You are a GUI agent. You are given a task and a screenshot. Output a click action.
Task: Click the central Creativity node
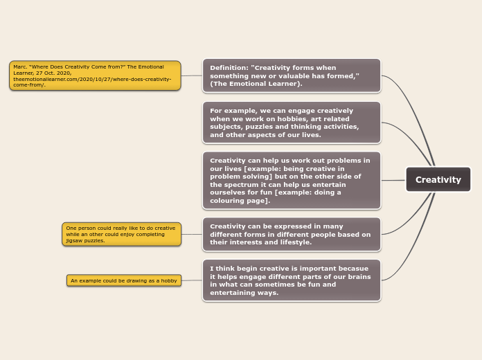click(x=438, y=180)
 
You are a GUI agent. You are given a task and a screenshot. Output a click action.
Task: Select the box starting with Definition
click(x=292, y=75)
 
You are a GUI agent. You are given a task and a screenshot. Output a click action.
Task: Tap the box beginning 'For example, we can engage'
click(x=292, y=123)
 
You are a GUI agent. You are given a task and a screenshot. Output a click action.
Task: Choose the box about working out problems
click(x=292, y=180)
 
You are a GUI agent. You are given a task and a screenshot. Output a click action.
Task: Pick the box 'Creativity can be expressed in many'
click(x=292, y=234)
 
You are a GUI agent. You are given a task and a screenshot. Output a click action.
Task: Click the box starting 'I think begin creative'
click(x=292, y=280)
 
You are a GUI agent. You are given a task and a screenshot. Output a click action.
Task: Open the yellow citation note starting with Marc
click(x=95, y=75)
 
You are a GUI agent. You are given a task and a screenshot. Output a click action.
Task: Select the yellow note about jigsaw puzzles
click(x=121, y=234)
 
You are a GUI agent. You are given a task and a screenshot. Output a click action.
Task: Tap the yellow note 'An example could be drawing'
click(x=124, y=280)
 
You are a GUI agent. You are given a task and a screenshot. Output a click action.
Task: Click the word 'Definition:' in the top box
click(x=229, y=68)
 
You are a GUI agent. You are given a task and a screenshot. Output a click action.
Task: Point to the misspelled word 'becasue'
click(x=354, y=268)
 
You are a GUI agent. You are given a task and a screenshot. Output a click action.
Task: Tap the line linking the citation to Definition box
click(x=192, y=75)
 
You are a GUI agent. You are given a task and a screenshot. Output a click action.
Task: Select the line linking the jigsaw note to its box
click(x=192, y=234)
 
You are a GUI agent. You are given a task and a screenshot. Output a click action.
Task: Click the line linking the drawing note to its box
click(x=192, y=280)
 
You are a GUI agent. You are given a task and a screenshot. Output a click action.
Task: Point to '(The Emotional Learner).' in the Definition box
click(x=256, y=84)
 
